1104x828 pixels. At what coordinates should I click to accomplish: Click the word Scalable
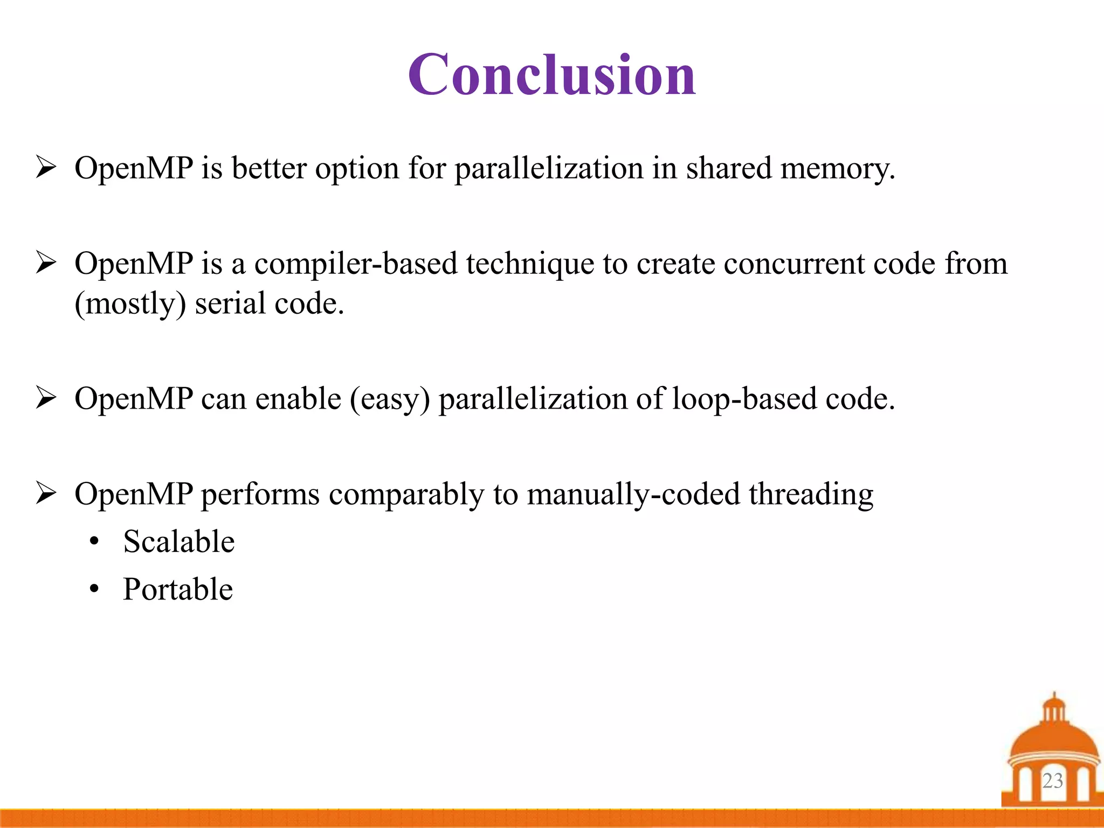click(178, 541)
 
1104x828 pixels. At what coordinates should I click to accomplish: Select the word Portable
click(178, 589)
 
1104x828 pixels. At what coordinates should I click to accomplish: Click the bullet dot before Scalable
click(95, 542)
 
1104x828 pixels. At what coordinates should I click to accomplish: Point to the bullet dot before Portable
click(95, 589)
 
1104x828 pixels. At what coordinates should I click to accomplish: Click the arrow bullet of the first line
click(46, 167)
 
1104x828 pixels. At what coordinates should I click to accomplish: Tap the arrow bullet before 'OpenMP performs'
click(46, 493)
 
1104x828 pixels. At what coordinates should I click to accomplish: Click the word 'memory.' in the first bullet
click(837, 168)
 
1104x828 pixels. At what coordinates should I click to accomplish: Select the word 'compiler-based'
click(355, 264)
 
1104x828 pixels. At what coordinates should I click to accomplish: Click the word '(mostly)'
click(130, 304)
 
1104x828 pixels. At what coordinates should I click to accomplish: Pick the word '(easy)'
click(390, 400)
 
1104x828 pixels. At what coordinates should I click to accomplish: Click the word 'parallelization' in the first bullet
click(548, 168)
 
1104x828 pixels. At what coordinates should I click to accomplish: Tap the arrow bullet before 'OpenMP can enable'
click(46, 398)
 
